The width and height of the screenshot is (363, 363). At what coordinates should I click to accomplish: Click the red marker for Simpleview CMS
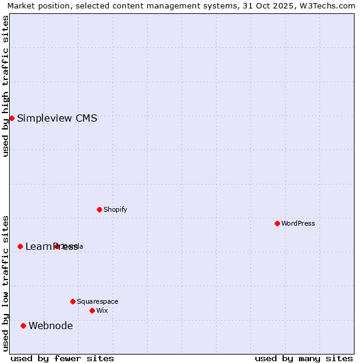coord(11,118)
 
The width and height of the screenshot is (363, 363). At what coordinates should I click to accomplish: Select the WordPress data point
coord(277,223)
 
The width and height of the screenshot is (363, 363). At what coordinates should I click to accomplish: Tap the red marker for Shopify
coord(99,209)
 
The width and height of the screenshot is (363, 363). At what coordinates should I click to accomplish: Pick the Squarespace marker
coord(73,301)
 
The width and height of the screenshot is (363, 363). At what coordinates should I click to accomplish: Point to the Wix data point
coord(92,310)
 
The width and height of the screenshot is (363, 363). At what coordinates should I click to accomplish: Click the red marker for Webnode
coord(23,325)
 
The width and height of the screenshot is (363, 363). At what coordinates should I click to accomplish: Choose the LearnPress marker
coord(20,246)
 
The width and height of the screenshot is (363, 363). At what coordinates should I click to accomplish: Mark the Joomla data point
coord(57,246)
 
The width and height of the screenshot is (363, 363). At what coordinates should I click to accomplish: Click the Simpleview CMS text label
coord(57,119)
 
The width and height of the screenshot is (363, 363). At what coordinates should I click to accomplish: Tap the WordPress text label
coord(298,224)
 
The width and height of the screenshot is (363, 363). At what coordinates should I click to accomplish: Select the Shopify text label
coord(116,210)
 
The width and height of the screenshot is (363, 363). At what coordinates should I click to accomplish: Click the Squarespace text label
coord(97,302)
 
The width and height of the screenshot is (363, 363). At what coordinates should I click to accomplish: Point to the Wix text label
coord(102,311)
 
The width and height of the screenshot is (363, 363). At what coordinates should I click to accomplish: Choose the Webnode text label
coord(51,326)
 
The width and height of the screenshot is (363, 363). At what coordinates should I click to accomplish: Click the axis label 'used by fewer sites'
coord(62,359)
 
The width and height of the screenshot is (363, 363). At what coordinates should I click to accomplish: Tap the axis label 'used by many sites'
coord(304,359)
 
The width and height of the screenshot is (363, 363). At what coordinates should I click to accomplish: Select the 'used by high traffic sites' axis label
coord(6,86)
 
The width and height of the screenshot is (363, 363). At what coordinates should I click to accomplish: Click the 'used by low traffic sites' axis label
coord(6,283)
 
